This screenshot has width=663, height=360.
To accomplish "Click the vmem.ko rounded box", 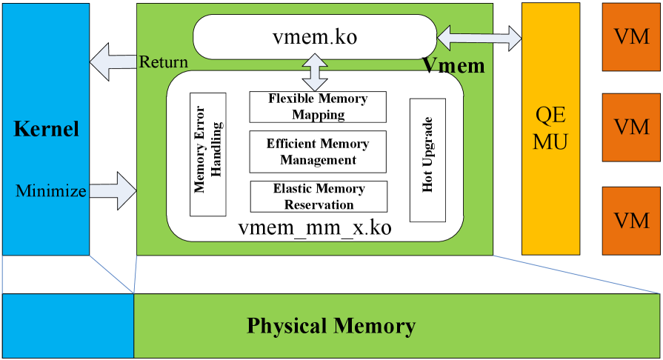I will coord(315,36).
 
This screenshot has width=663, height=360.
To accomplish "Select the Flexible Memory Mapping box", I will coord(319,107).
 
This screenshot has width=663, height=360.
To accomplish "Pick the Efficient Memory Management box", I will coord(318,151).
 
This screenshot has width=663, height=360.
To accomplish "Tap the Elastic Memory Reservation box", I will coord(319,196).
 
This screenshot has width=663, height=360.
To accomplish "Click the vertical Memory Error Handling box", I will coord(207,154).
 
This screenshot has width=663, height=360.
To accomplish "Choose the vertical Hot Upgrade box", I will coord(427,160).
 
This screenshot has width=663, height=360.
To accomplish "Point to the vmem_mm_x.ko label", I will coord(315,227).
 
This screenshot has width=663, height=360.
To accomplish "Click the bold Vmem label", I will coord(453,66).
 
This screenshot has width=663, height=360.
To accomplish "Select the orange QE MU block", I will coord(552,128).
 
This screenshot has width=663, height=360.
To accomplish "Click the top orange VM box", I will coord(632,36).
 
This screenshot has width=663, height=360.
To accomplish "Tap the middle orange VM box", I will coord(632,127).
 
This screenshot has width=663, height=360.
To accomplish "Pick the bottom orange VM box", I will coord(632,221).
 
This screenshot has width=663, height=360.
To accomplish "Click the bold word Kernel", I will coord(46,130).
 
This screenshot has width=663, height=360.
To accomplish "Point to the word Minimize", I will coord(51,192).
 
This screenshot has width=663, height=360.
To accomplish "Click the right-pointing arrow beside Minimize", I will coord(113,192).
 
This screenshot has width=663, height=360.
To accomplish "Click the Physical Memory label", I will coord(330,326).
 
